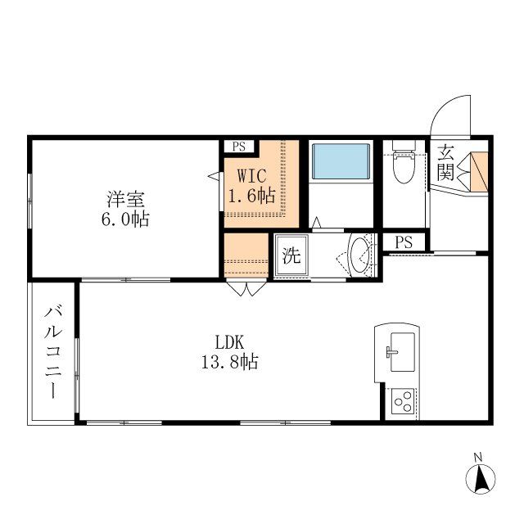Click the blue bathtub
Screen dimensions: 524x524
tap(341, 161)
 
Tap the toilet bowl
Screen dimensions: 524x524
tap(404, 167)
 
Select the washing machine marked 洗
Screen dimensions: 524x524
tap(291, 256)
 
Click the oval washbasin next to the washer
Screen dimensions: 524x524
tap(359, 255)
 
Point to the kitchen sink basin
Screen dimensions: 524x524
tap(403, 352)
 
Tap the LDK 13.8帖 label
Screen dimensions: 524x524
tap(229, 352)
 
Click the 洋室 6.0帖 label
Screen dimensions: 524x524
tap(125, 210)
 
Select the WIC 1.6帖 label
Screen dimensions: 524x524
tap(252, 186)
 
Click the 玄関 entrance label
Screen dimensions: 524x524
tap(445, 163)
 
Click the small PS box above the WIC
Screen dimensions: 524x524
tap(239, 147)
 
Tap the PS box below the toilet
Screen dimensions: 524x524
tap(404, 242)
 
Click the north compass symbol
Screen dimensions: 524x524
tap(481, 478)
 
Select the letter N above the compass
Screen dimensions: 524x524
tap(478, 458)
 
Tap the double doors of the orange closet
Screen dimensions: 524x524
tap(246, 289)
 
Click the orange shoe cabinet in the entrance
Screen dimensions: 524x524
tap(480, 172)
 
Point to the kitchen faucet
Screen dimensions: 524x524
tap(392, 352)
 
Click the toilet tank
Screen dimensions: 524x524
tap(404, 145)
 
